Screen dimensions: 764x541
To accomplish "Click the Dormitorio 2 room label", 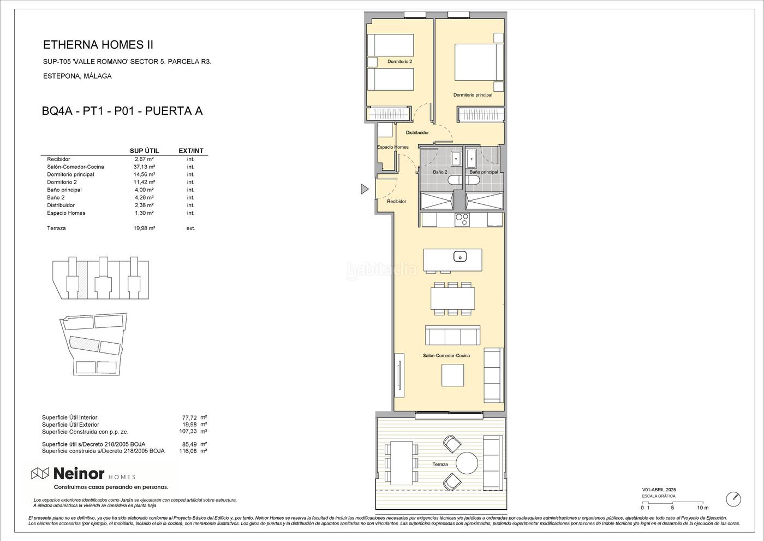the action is click(x=399, y=61).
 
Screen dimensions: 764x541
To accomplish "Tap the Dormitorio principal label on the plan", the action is click(x=473, y=95).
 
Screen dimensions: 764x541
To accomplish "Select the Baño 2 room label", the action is click(x=440, y=172).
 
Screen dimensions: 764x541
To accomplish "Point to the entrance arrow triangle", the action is click(x=365, y=189).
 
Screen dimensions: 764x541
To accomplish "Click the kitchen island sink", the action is click(x=459, y=256).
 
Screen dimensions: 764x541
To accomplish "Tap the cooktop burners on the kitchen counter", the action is click(x=462, y=219).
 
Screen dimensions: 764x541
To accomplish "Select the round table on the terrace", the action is click(x=467, y=462).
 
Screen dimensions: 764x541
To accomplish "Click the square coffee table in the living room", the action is click(x=452, y=375).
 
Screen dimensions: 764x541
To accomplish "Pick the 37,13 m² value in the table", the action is click(x=144, y=167).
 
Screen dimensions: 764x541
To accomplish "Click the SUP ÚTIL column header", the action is click(x=144, y=151).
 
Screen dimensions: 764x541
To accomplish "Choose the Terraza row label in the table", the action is click(x=56, y=228).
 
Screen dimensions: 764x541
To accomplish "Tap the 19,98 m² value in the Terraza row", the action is click(x=144, y=228).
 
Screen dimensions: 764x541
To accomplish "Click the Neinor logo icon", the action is click(x=40, y=473).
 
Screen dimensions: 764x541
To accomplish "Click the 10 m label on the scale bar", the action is click(x=703, y=508).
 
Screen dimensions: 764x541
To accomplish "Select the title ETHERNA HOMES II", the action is click(x=98, y=45).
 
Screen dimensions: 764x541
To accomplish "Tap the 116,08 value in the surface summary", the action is click(x=187, y=451).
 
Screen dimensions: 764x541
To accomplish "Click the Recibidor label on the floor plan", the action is click(x=397, y=202).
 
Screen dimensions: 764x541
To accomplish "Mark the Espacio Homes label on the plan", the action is click(x=392, y=147).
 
